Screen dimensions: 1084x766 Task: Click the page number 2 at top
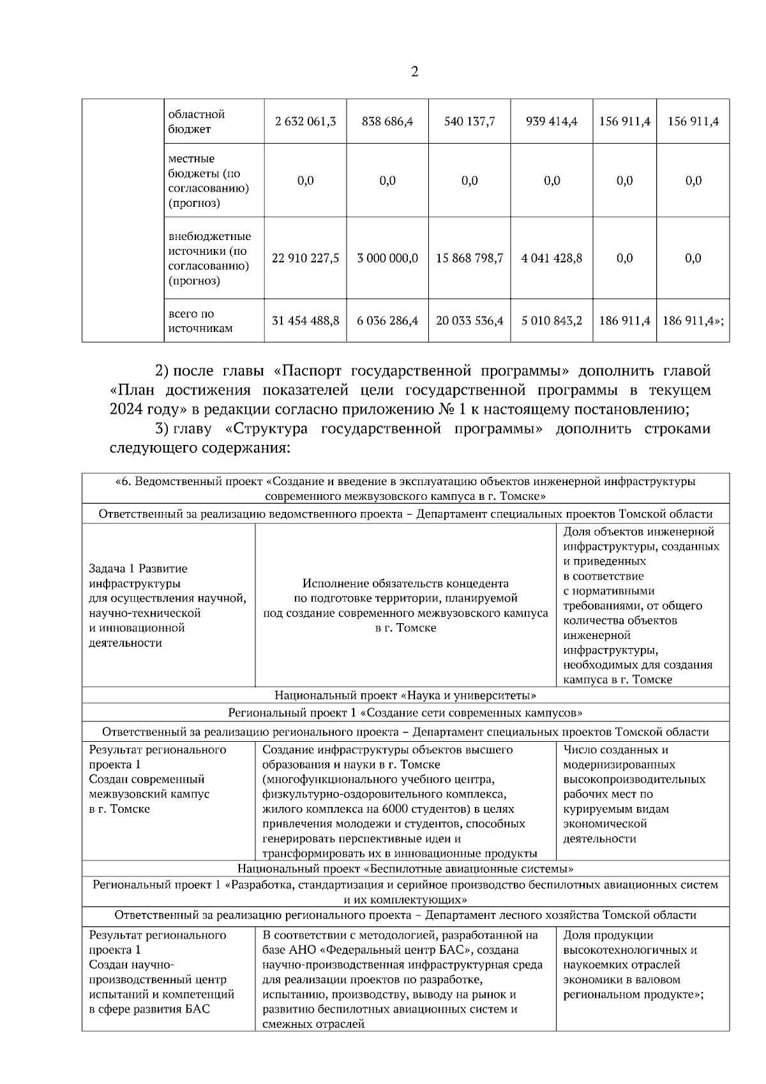pyautogui.click(x=414, y=72)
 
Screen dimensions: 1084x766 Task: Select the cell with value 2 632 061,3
pyautogui.click(x=305, y=121)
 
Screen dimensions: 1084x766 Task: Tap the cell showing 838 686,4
pyautogui.click(x=387, y=121)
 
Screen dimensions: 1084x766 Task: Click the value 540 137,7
pyautogui.click(x=469, y=121)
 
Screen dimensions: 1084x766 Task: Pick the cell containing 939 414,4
pyautogui.click(x=552, y=121)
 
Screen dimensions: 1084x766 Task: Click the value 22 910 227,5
pyautogui.click(x=305, y=258)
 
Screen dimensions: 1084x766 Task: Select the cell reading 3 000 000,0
pyautogui.click(x=387, y=258)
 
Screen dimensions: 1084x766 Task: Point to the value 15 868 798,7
pyautogui.click(x=469, y=258)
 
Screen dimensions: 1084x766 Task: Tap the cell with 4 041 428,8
pyautogui.click(x=552, y=258)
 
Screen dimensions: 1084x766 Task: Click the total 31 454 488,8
pyautogui.click(x=305, y=320)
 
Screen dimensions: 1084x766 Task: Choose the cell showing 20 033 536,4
pyautogui.click(x=469, y=320)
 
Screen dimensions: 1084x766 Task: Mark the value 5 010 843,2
pyautogui.click(x=552, y=320)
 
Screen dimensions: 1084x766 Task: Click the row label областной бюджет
pyautogui.click(x=197, y=121)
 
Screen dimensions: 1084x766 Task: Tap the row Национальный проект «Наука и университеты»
pyautogui.click(x=405, y=695)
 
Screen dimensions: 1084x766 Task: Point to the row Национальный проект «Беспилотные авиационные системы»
pyautogui.click(x=405, y=868)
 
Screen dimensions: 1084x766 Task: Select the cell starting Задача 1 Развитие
pyautogui.click(x=168, y=605)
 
